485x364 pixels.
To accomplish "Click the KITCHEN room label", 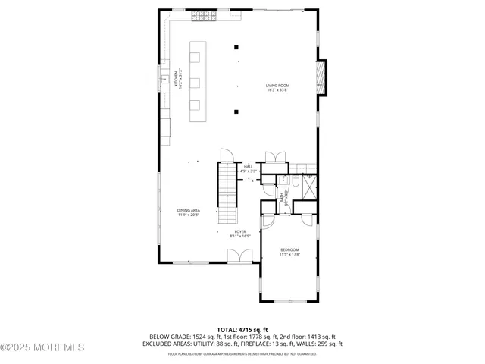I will coord(179,78).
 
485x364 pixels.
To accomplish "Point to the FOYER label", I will coord(239,233).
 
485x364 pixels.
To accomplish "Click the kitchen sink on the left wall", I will coord(163,77).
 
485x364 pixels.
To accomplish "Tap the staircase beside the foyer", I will coord(228,194).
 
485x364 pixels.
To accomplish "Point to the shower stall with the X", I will coord(308,185).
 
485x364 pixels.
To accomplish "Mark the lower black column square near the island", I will coord(237,112).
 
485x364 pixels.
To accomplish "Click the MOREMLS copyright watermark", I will coord(42,347).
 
